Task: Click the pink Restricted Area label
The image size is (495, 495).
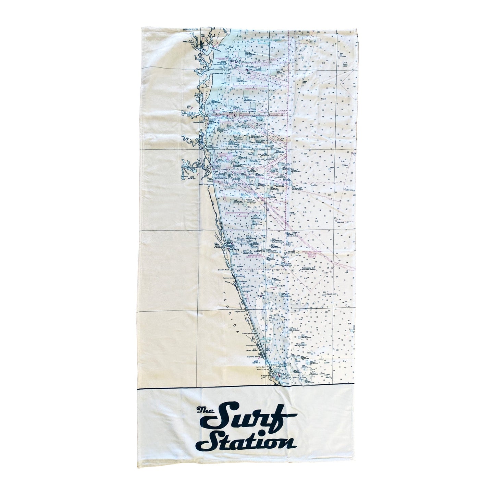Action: click(247, 255)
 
